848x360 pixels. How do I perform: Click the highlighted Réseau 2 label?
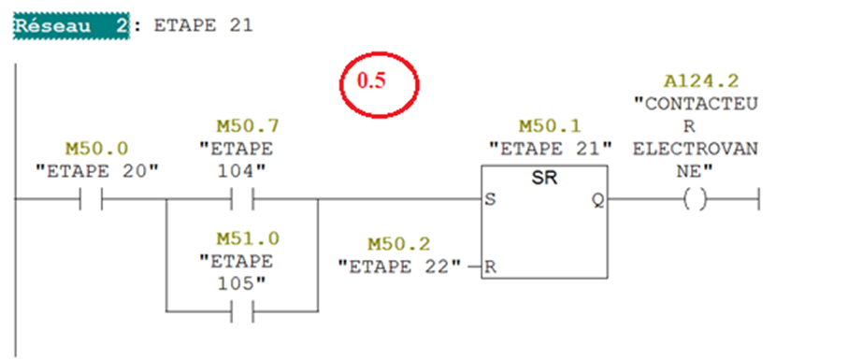coord(71,26)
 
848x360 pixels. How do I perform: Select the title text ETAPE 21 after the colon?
coord(203,26)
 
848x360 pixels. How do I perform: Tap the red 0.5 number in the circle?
coord(371,80)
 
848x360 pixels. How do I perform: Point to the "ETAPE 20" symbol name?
coord(97,170)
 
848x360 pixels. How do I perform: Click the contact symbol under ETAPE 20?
coord(92,199)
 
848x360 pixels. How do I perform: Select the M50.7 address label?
coord(248,126)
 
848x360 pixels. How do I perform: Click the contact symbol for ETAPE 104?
coord(242,199)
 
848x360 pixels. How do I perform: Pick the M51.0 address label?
coord(248,238)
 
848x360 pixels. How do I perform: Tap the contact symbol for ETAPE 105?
coord(242,312)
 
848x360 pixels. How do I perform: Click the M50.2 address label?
coord(399,245)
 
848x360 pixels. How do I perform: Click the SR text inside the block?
coord(544,179)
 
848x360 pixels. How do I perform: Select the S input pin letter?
coord(490,200)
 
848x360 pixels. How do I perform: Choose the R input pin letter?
coord(490,267)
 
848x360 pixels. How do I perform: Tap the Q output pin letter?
coord(598,200)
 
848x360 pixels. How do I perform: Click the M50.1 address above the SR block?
coord(551,126)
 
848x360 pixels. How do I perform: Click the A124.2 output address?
coord(701,80)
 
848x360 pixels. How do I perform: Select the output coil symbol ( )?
coord(695,200)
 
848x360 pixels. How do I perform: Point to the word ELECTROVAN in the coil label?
coord(696,148)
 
